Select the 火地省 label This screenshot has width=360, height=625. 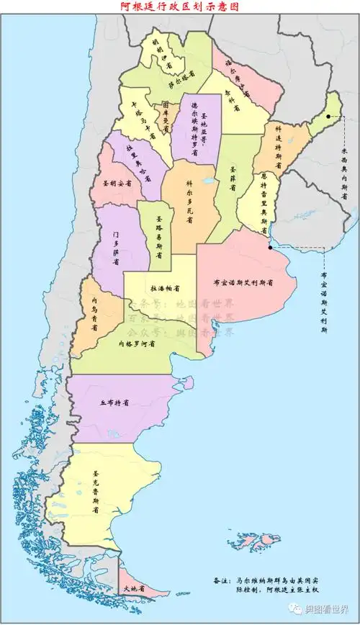coord(134,588)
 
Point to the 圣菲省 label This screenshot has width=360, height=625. coord(234,178)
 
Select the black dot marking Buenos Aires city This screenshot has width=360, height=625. coord(270,247)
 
